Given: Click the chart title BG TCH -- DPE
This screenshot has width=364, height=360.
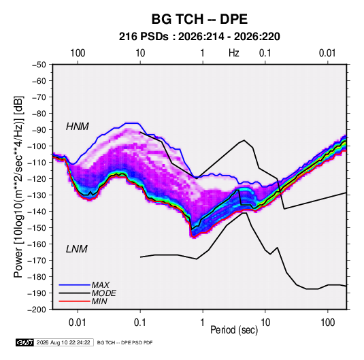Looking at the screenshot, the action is (x=199, y=19).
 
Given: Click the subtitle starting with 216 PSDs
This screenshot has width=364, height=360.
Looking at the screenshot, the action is (x=199, y=37).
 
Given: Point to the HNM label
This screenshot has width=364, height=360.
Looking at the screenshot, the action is (x=78, y=127).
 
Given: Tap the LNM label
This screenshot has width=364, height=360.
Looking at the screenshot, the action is (x=77, y=249).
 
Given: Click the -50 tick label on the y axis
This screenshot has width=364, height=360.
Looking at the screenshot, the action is (x=39, y=65).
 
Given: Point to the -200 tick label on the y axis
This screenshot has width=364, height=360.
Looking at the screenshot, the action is (x=37, y=310).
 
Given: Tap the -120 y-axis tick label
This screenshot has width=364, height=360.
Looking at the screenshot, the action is (x=37, y=179).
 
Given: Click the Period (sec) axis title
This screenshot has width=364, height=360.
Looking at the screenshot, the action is (x=234, y=330).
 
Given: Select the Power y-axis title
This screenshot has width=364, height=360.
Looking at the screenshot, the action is (x=18, y=186).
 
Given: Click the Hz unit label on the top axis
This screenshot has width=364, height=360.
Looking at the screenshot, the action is (x=234, y=53).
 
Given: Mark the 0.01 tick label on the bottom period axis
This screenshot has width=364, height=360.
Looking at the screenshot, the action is (x=78, y=323).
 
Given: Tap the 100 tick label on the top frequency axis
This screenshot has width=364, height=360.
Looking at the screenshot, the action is (x=78, y=53).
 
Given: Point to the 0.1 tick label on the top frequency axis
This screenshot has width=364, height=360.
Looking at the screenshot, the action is (x=265, y=53).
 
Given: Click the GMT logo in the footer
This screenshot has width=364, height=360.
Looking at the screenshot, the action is (x=25, y=342).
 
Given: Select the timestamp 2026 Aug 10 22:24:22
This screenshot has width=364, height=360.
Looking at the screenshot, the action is (x=63, y=342).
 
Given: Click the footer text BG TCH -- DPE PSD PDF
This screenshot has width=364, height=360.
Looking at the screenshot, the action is (x=125, y=342).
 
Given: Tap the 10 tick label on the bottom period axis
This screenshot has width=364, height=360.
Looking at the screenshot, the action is (x=265, y=323).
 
